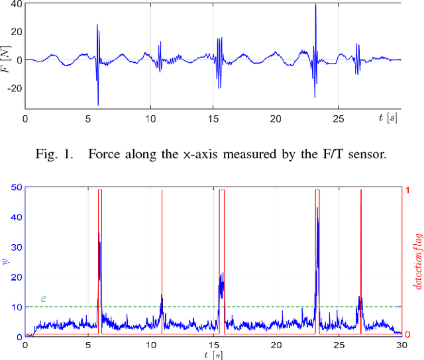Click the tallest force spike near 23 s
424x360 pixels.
[315, 5]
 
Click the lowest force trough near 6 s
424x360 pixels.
[98, 104]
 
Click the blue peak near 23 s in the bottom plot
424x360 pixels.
[317, 208]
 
